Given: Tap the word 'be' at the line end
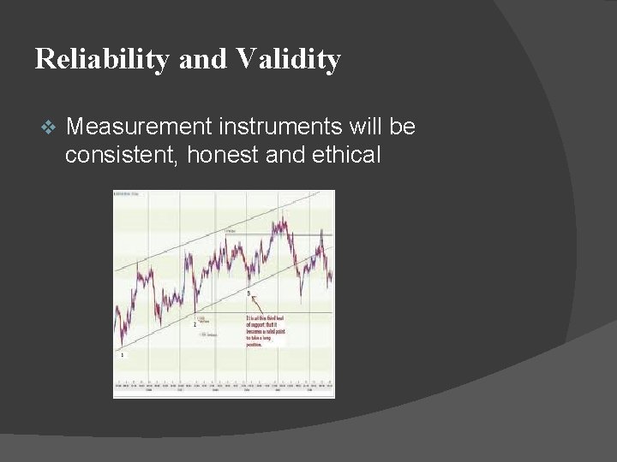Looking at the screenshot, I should tap(404, 127).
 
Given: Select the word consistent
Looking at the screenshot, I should tap(118, 155).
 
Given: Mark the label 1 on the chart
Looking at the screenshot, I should tap(122, 353).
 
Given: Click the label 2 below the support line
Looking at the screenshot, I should tap(195, 325).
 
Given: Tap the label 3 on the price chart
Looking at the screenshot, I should tap(249, 293).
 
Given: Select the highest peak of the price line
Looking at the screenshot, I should tap(278, 221).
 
